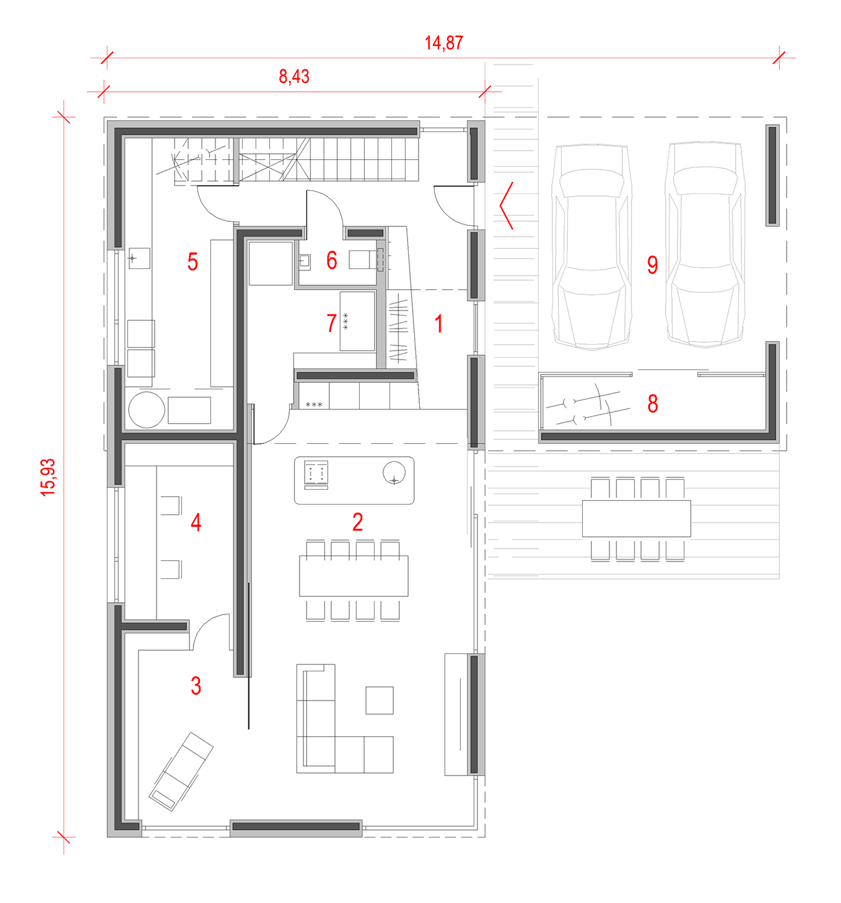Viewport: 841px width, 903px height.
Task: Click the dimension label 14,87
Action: (x=444, y=43)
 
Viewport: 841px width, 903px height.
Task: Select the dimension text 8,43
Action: (x=294, y=76)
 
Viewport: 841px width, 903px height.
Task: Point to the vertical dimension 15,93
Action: (x=48, y=477)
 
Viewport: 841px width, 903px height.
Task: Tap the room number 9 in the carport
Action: (x=652, y=265)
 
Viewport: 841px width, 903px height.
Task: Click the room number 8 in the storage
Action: (x=653, y=403)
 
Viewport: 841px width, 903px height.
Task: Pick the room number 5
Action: (x=192, y=262)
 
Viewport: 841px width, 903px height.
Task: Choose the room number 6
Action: (x=332, y=261)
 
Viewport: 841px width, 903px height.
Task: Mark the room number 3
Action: (x=195, y=686)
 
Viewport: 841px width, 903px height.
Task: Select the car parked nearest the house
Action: (x=591, y=248)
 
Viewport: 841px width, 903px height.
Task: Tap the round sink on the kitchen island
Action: (x=394, y=473)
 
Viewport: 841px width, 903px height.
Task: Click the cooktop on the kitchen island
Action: (x=316, y=473)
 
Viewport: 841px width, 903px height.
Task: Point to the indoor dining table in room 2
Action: (x=353, y=576)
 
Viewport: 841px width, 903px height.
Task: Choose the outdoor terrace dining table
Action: (x=637, y=519)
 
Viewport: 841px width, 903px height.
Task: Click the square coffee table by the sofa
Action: (x=379, y=700)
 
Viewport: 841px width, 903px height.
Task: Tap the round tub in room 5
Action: (x=146, y=409)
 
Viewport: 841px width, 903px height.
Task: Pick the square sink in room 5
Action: (x=139, y=258)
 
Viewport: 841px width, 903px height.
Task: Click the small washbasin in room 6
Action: (x=305, y=263)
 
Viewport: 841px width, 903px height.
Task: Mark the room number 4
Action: (x=195, y=523)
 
